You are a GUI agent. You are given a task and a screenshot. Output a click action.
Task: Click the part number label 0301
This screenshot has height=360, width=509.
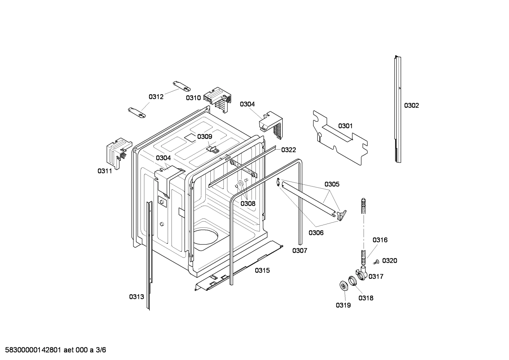click(x=345, y=126)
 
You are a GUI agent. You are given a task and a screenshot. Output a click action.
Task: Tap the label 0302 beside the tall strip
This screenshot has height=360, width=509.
click(x=411, y=105)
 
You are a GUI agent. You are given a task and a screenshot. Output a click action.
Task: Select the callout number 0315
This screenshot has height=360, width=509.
click(x=262, y=270)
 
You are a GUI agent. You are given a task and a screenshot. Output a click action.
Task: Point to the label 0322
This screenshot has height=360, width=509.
click(x=288, y=150)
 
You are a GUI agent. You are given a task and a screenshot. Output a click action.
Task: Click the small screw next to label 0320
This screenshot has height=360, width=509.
click(x=376, y=262)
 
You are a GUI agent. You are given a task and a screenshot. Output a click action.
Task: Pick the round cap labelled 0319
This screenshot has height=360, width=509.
click(x=343, y=285)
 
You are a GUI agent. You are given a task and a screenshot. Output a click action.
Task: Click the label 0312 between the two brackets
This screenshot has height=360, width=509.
click(x=156, y=97)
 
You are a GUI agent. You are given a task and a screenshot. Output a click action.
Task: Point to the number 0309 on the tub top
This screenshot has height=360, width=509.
click(x=204, y=137)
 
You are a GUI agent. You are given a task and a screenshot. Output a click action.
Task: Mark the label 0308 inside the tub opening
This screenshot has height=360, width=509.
click(x=248, y=203)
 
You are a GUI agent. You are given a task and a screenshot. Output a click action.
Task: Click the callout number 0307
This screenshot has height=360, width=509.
click(x=299, y=250)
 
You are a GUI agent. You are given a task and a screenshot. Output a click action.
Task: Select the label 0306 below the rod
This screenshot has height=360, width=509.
click(x=316, y=232)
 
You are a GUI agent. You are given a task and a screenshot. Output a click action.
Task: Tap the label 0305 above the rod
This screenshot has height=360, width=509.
click(x=332, y=184)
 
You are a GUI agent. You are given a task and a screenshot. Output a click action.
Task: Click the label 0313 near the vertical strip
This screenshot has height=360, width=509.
click(x=136, y=297)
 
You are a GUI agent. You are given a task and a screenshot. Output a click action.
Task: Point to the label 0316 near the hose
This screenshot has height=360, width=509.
click(x=380, y=240)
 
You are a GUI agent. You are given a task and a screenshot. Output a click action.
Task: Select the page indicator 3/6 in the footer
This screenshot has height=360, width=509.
click(x=101, y=350)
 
